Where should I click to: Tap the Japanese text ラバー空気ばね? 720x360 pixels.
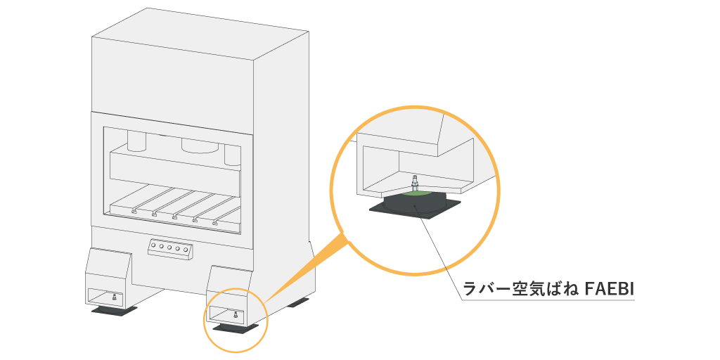(x=521, y=289)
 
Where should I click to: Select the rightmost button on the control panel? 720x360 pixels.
(x=186, y=250)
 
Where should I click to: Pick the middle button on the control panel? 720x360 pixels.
(x=169, y=248)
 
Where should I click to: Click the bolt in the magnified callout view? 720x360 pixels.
(x=416, y=182)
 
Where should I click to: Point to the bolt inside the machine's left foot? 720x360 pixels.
(x=115, y=298)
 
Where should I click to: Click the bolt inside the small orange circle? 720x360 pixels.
(x=235, y=316)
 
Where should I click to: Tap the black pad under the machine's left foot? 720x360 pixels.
(x=113, y=312)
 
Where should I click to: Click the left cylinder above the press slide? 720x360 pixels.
(x=136, y=141)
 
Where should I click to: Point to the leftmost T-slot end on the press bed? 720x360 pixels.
(x=134, y=211)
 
